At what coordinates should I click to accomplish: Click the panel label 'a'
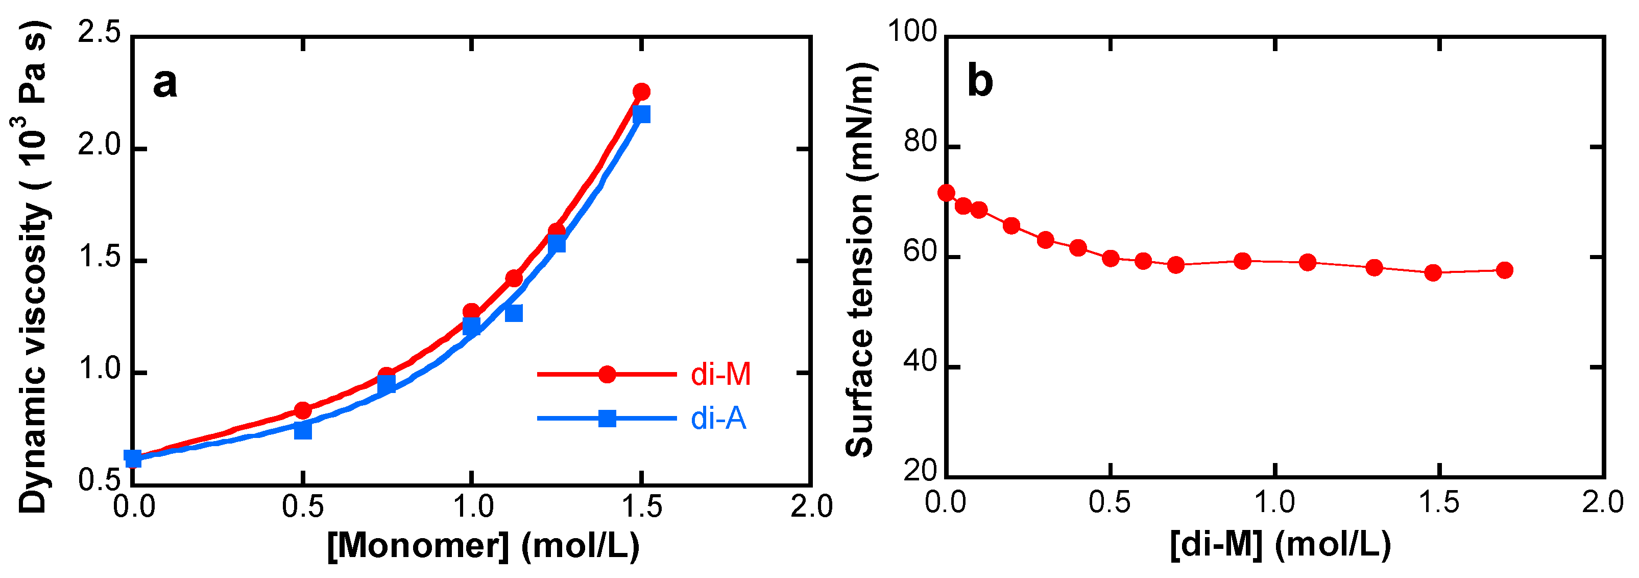(165, 83)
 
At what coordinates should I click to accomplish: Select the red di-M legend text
(720, 374)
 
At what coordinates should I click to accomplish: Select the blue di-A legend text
(718, 418)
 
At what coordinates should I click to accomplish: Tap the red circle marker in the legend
(607, 374)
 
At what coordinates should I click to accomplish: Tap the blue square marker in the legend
(607, 418)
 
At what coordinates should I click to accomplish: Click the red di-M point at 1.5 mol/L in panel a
(641, 91)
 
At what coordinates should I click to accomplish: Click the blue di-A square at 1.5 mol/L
(641, 114)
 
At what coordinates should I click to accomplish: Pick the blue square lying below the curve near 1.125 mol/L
(514, 313)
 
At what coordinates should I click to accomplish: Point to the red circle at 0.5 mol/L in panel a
(303, 410)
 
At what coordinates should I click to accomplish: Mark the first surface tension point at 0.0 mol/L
(947, 192)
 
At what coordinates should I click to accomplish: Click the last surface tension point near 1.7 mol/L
(1505, 270)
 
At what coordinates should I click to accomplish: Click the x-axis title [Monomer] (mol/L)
(484, 545)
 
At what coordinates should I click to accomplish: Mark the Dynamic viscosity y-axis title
(33, 267)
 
